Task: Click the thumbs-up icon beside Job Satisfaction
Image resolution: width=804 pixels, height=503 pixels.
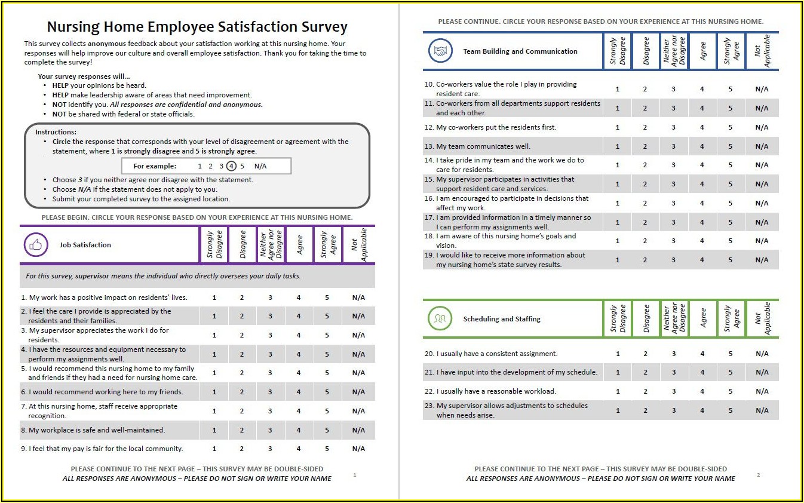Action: pos(36,245)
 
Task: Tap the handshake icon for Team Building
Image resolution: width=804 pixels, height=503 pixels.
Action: pos(440,51)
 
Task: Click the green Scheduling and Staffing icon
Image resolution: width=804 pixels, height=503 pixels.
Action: pos(440,319)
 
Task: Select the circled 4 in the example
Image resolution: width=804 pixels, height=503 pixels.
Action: pos(232,166)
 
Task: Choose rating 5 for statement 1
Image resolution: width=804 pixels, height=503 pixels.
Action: pos(327,297)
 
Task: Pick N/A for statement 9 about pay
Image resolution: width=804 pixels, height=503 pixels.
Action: pos(358,449)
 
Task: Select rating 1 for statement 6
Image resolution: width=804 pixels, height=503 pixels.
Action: pos(214,392)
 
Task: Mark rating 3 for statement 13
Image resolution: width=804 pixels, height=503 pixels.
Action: pos(673,146)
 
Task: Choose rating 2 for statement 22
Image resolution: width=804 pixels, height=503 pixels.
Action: pos(645,391)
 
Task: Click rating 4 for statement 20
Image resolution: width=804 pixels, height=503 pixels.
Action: pos(702,354)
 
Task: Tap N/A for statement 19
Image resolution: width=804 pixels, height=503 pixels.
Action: pos(762,260)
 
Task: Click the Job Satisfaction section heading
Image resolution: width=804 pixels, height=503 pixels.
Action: pos(85,245)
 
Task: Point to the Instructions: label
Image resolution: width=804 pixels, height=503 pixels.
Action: pos(56,132)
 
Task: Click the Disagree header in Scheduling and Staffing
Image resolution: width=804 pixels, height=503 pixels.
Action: pos(646,319)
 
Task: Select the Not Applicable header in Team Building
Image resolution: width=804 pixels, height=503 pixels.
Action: pos(762,51)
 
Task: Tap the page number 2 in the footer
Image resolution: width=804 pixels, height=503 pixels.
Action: pos(758,475)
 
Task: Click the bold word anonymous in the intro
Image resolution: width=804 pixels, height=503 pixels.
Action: pos(108,44)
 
